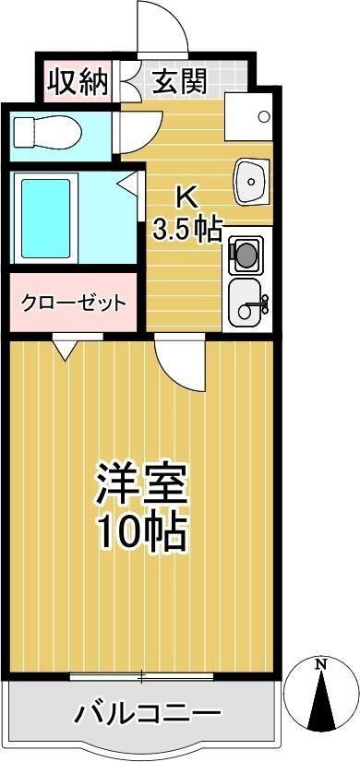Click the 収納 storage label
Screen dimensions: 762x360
[x=75, y=83]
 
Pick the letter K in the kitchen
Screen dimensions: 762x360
[x=186, y=197]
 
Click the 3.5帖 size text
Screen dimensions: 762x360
[x=187, y=229]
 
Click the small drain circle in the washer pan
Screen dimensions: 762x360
[x=264, y=116]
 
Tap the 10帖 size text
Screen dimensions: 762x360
[x=143, y=530]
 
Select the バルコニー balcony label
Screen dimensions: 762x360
[x=148, y=713]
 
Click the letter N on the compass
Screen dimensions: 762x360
[x=321, y=662]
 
